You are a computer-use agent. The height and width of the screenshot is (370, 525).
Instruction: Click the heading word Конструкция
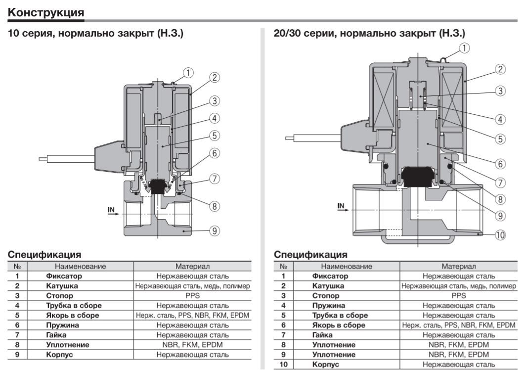click(x=46, y=12)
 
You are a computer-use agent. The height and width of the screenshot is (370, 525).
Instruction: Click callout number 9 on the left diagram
click(x=214, y=231)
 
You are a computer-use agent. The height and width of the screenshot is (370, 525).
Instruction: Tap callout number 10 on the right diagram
click(x=500, y=234)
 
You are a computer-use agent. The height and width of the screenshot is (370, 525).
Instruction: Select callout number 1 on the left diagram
click(x=188, y=73)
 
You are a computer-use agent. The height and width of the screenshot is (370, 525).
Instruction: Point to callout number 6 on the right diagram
click(x=500, y=163)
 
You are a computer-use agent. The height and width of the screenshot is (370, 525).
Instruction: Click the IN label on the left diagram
click(x=112, y=210)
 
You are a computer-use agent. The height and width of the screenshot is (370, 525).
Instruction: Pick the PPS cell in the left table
click(x=192, y=296)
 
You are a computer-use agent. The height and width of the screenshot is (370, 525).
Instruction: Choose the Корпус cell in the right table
click(x=326, y=365)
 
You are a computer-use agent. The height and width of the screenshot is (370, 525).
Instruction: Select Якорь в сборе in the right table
click(x=339, y=325)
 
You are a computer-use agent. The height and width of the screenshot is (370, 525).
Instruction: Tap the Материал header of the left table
click(x=192, y=266)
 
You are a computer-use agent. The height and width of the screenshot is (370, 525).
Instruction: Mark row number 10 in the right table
click(x=284, y=365)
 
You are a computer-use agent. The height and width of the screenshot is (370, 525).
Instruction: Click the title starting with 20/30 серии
click(x=369, y=34)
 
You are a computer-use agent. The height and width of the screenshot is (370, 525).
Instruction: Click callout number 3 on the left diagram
click(x=214, y=101)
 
